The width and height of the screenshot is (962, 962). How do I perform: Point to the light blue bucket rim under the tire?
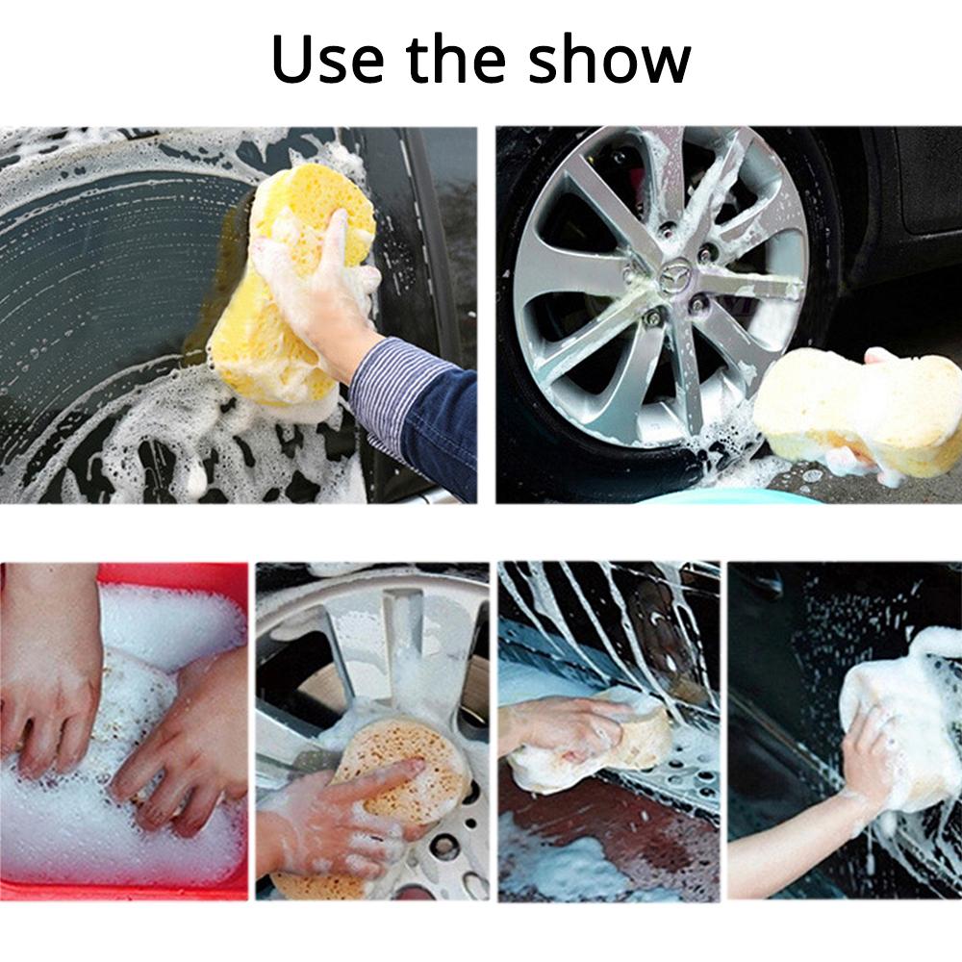tap(731, 495)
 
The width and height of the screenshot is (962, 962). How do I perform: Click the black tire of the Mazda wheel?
tap(539, 423)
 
